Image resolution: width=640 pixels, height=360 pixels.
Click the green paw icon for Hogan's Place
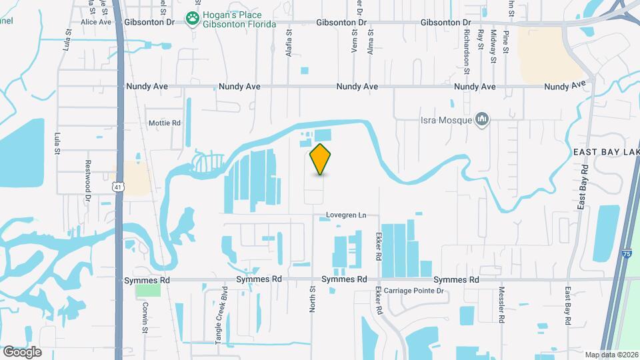[x=193, y=19]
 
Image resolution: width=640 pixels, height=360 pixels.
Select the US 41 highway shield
[x=118, y=189]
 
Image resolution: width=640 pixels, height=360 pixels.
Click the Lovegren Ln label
[x=347, y=215]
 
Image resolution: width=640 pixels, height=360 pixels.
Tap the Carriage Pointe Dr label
[x=410, y=291]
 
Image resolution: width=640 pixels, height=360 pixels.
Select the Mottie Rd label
[x=165, y=123]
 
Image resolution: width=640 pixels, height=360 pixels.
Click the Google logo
[x=22, y=351]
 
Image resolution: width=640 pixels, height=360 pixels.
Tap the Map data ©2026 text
[x=609, y=354]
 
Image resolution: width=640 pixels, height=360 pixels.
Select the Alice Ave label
[x=96, y=22]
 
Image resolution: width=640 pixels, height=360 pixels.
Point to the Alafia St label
[x=289, y=43]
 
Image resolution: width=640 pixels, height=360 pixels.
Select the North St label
[x=312, y=299]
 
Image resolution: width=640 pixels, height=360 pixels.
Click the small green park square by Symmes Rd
[x=148, y=289]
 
